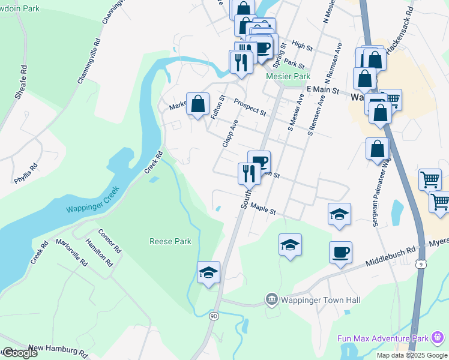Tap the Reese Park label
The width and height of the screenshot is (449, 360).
tap(170, 241)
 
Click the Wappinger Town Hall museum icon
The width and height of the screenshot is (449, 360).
tap(271, 299)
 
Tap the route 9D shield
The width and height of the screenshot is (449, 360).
tap(213, 315)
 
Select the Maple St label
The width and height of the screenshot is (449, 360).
tap(263, 209)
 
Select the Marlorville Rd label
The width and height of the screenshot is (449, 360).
tap(71, 253)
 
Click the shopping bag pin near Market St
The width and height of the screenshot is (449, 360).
tap(197, 105)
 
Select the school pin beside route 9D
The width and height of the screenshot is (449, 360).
tap(208, 272)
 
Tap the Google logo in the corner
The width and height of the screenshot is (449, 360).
tap(20, 353)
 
